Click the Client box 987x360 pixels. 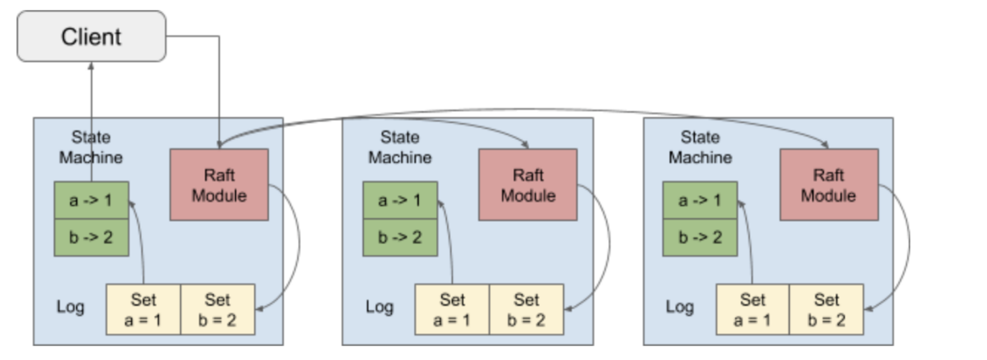[91, 37]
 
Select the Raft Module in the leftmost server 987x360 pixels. [219, 185]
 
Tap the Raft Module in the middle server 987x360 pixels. [528, 185]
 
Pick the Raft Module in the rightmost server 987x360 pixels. [829, 185]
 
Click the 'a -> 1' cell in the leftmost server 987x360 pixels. [91, 200]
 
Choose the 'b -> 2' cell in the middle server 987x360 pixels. [400, 237]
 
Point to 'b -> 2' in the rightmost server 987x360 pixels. [700, 237]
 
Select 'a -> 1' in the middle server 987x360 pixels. [400, 200]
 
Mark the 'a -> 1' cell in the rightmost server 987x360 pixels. [700, 200]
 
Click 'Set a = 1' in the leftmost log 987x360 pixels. [143, 310]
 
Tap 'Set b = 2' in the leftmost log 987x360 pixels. [217, 310]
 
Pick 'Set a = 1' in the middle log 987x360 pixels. [452, 310]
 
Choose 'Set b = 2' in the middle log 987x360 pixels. [526, 310]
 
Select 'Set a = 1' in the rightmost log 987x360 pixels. [753, 310]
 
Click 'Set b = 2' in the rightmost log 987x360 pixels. [827, 310]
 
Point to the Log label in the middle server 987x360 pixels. [380, 307]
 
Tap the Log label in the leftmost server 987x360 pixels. [71, 307]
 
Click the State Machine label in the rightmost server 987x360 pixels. [700, 147]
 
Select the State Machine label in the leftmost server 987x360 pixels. [91, 147]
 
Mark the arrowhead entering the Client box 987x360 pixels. [91, 65]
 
